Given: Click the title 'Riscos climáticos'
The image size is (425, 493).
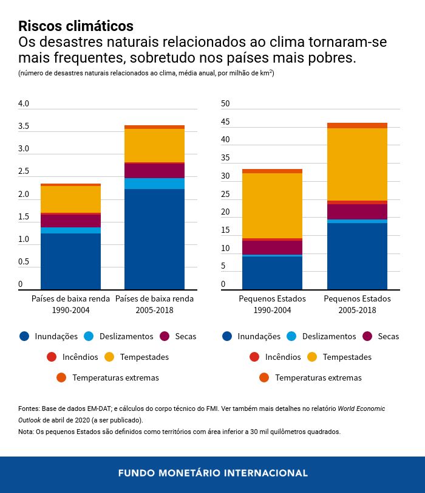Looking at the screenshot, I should (76, 26).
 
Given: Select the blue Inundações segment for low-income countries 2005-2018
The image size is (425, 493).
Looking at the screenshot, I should (154, 239).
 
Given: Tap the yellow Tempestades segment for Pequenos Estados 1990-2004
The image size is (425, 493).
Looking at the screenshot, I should (272, 205).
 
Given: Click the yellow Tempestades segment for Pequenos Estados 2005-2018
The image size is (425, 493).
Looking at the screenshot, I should (357, 164).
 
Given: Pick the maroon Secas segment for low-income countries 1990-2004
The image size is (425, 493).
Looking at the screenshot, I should (70, 220).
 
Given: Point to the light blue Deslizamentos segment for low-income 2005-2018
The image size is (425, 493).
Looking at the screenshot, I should (154, 183).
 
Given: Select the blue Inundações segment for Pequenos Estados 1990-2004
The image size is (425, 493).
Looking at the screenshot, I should (272, 272).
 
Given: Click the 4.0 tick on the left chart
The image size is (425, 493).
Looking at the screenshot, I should (24, 104).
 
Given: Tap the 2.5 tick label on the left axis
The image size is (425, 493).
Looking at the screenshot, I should (24, 171).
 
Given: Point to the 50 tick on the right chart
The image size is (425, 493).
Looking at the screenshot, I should (225, 104).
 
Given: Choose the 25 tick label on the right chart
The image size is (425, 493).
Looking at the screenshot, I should (225, 194).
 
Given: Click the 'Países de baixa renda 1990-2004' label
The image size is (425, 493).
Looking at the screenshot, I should (70, 304).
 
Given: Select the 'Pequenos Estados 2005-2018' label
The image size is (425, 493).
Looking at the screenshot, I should (357, 304).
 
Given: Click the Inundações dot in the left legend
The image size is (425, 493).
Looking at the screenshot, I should (24, 336).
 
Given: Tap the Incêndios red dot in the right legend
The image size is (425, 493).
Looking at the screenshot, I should (254, 357).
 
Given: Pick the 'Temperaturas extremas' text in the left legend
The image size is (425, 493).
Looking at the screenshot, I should (115, 378).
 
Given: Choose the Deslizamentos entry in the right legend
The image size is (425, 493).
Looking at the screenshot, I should (328, 336).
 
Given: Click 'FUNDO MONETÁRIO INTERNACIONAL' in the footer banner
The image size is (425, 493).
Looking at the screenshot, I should (212, 473).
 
